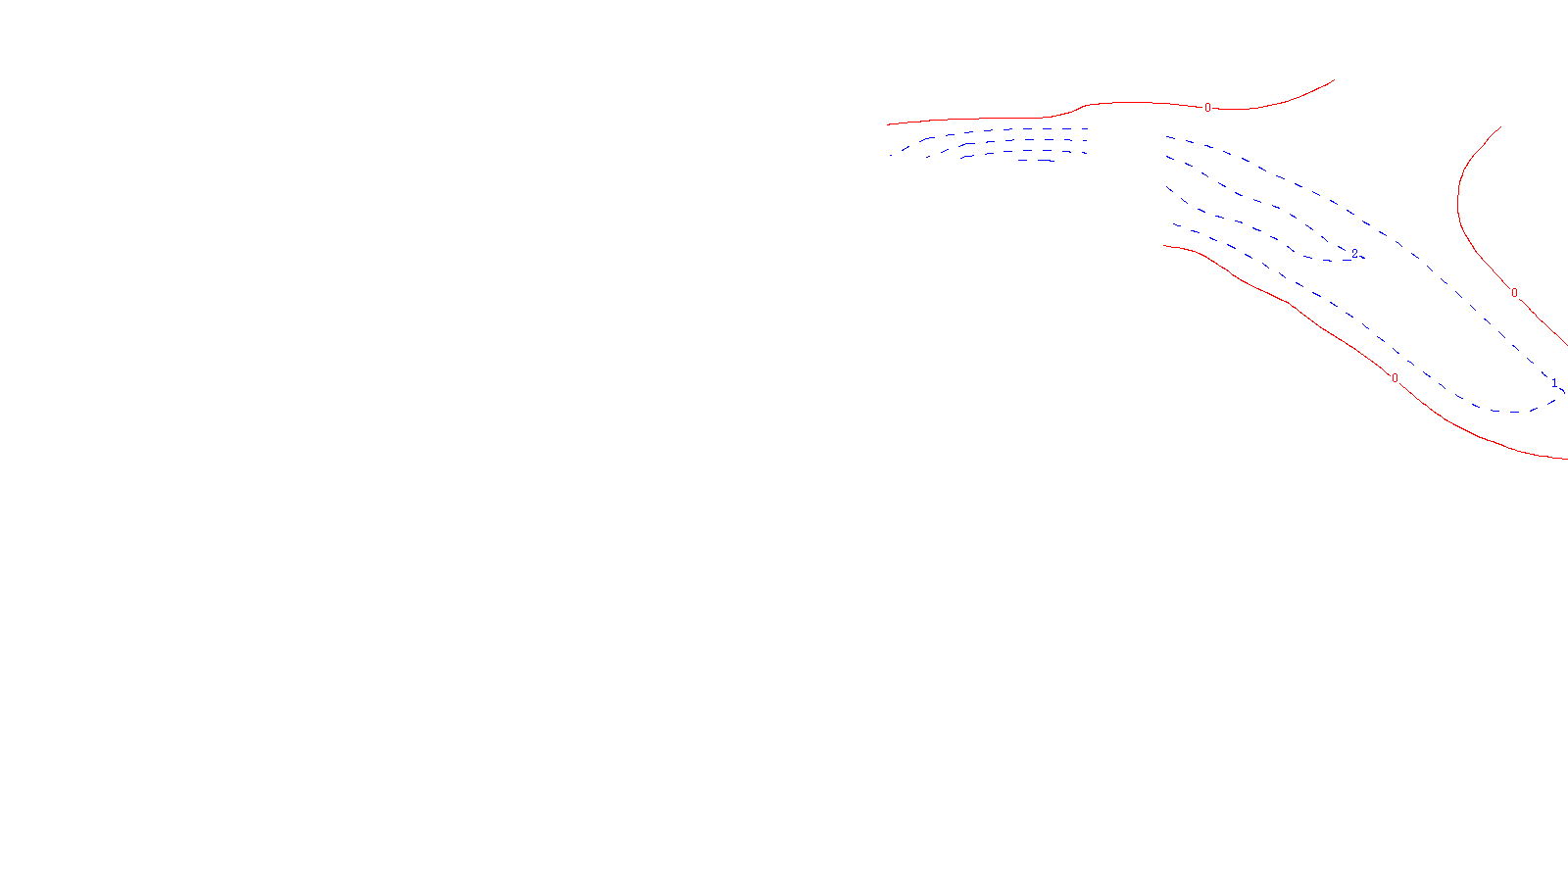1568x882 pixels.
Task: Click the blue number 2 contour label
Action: [1354, 253]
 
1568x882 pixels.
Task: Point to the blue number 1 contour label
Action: [1554, 382]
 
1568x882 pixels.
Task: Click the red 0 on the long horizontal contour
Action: [1207, 108]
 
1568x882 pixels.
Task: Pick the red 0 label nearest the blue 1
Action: [1514, 293]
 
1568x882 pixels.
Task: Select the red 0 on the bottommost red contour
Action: [1395, 378]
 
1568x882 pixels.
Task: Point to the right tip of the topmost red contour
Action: [1334, 80]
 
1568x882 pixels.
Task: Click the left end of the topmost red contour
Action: [888, 124]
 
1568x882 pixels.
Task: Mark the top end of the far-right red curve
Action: [1501, 126]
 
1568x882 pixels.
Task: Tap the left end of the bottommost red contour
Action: [1164, 246]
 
